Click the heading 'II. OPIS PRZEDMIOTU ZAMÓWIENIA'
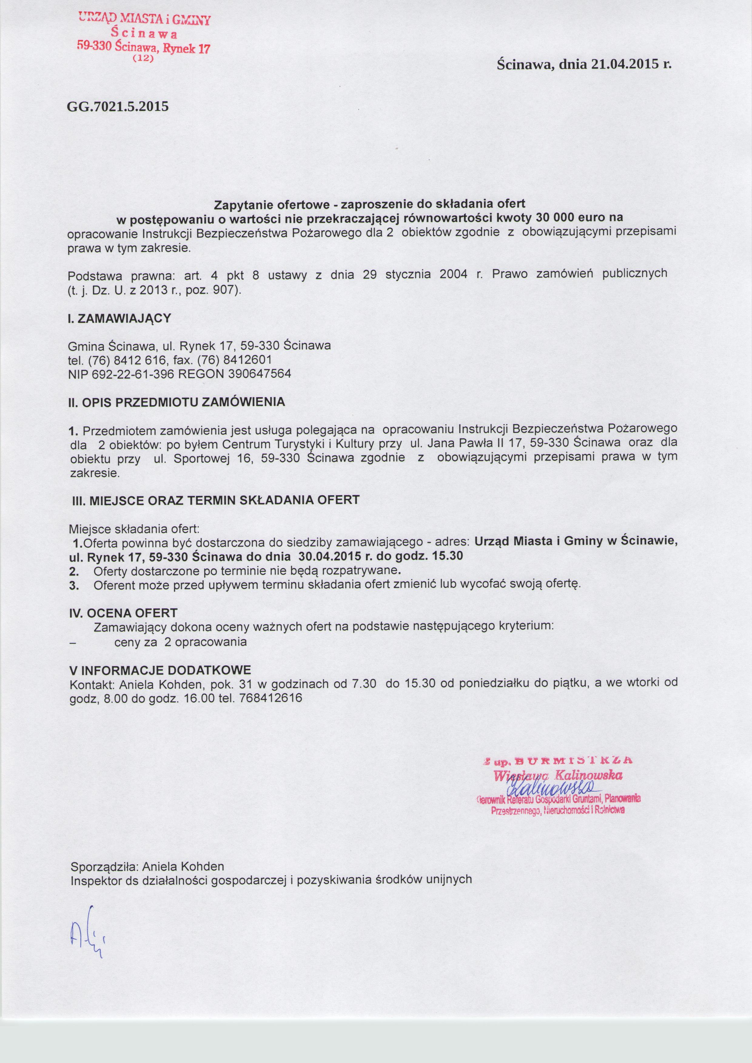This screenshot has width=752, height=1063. point(176,402)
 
